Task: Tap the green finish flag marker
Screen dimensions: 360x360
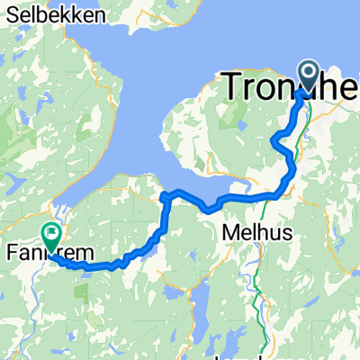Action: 51,237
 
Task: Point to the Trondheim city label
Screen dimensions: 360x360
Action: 288,86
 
